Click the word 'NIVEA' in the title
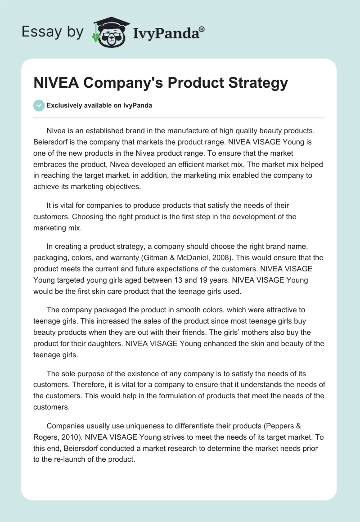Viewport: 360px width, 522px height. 52,83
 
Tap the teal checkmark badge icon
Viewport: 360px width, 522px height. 39,105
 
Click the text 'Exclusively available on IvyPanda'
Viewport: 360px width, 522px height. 99,106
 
